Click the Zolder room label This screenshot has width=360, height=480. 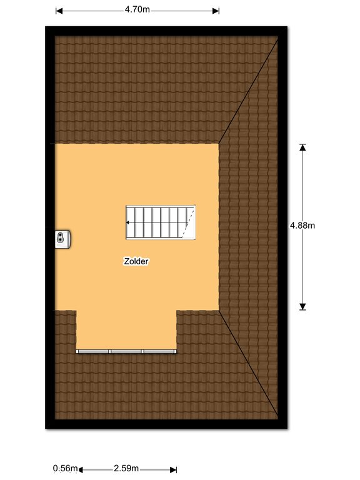pyautogui.click(x=136, y=261)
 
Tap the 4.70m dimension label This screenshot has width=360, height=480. pyautogui.click(x=137, y=10)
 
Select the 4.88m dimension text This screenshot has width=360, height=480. pyautogui.click(x=302, y=225)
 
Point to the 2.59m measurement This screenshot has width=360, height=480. pyautogui.click(x=126, y=468)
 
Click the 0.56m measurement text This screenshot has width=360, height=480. pyautogui.click(x=65, y=468)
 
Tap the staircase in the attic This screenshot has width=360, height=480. pyautogui.click(x=161, y=222)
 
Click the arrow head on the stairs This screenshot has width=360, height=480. pyautogui.click(x=128, y=222)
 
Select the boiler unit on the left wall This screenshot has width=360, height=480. pyautogui.click(x=62, y=239)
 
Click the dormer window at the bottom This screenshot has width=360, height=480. pyautogui.click(x=126, y=351)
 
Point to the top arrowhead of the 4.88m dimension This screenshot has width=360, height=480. pyautogui.click(x=302, y=147)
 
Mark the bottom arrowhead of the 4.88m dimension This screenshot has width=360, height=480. pyautogui.click(x=302, y=306)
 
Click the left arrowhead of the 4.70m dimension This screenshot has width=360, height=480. pyautogui.click(x=59, y=11)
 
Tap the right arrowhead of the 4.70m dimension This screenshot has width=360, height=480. pyautogui.click(x=216, y=11)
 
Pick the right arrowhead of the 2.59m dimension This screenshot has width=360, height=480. pyautogui.click(x=174, y=469)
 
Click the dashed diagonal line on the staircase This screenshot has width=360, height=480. pyautogui.click(x=188, y=223)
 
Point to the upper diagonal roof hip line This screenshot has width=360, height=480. pyautogui.click(x=248, y=91)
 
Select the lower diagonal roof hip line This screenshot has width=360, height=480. pyautogui.click(x=248, y=363)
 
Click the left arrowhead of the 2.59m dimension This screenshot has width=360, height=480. pyautogui.click(x=81, y=469)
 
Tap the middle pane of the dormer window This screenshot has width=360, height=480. pyautogui.click(x=126, y=351)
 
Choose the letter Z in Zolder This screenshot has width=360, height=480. pyautogui.click(x=126, y=261)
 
